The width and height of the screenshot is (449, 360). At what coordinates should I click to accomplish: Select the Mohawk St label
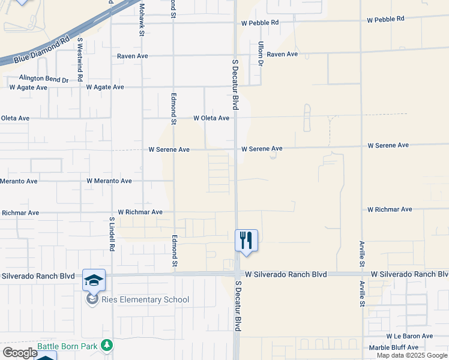[142, 18]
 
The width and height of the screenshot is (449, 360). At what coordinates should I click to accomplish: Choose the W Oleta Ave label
[211, 118]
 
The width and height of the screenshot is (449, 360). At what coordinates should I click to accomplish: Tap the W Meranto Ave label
[109, 181]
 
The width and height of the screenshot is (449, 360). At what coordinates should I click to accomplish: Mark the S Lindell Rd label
[112, 234]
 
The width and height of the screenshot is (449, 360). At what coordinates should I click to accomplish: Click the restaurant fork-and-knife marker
[246, 241]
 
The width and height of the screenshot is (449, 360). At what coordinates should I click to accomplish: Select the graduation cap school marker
[94, 280]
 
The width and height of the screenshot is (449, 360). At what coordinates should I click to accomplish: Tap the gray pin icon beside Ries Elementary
[92, 299]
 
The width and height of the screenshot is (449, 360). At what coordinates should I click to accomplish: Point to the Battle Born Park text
[67, 346]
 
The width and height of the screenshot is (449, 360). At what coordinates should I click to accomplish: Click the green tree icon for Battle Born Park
[107, 345]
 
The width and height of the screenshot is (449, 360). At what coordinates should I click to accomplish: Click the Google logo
[19, 353]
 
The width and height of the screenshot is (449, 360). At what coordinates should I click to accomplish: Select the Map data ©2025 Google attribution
[412, 355]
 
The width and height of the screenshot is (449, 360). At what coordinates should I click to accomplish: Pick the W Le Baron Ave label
[409, 336]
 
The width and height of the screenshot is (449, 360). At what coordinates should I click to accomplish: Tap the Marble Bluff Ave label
[393, 347]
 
